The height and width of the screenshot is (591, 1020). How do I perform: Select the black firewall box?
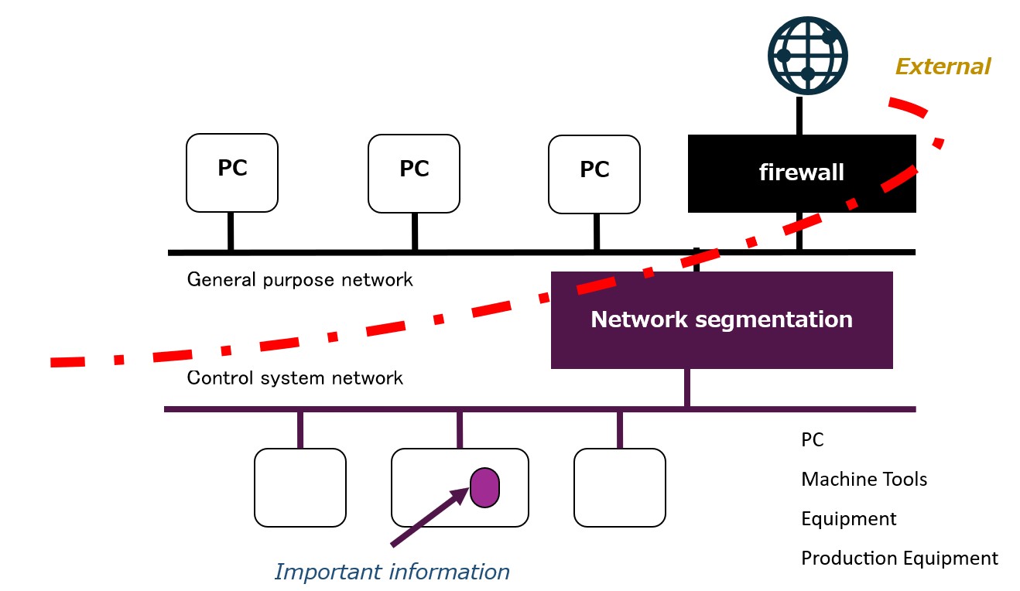(801, 173)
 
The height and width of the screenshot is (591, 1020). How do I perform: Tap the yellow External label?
(943, 67)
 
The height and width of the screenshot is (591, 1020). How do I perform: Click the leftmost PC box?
(232, 173)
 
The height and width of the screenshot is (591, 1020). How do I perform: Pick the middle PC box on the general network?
(414, 173)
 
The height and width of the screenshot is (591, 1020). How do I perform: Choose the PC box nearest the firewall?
(594, 174)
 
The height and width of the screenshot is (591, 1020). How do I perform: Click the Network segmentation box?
(721, 319)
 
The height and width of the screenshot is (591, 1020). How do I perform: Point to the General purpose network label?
(299, 279)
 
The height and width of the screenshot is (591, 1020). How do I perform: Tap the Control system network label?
(295, 378)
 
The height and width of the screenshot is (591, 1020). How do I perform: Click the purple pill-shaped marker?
(485, 488)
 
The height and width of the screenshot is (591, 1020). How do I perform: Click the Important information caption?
(392, 572)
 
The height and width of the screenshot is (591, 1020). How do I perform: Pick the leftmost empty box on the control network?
(300, 487)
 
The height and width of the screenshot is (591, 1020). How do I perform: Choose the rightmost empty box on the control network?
(619, 487)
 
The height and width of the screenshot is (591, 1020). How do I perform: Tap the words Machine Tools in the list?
(864, 480)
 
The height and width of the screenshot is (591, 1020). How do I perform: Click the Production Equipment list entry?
(899, 558)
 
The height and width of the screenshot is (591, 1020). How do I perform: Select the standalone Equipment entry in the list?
(848, 518)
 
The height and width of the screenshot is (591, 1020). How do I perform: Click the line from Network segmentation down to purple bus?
(686, 388)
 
